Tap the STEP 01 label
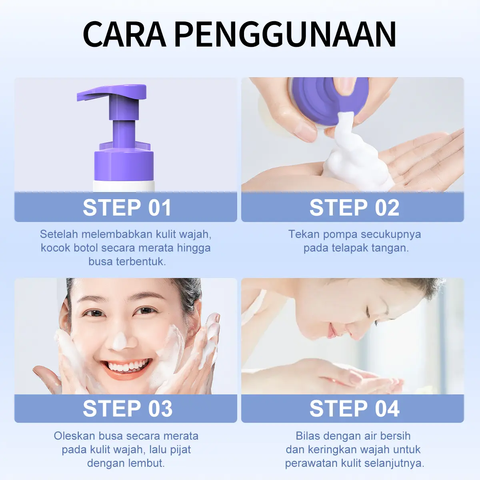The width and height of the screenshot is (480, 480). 127,207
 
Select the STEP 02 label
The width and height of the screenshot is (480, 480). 354,207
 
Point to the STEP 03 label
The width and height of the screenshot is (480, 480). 127,408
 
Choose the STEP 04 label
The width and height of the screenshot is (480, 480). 354,408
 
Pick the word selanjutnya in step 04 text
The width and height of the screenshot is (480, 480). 394,463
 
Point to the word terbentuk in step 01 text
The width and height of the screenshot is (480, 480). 141,262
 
